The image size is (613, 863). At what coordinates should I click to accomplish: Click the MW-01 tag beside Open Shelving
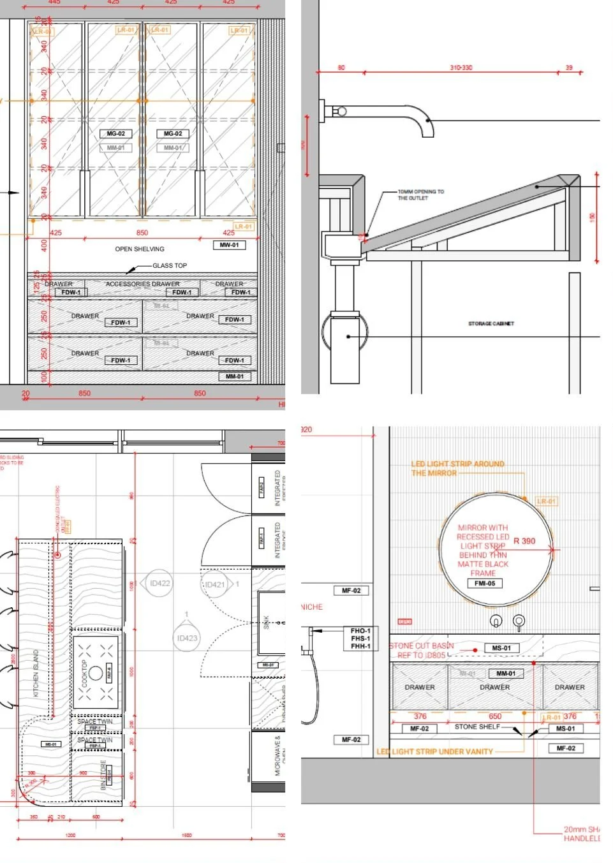(x=229, y=245)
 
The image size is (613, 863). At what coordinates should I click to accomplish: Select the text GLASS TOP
(x=170, y=265)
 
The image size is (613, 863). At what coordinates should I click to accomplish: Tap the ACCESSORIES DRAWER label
(x=142, y=284)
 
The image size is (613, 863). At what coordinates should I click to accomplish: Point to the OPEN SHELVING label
(x=140, y=249)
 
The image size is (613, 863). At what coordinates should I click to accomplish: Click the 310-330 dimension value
(x=461, y=68)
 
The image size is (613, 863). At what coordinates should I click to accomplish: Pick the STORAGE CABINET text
(x=491, y=323)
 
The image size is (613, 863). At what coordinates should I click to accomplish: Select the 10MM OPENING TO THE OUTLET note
(x=420, y=195)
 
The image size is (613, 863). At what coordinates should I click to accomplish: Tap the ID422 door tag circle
(x=159, y=583)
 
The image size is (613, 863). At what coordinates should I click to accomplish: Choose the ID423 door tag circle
(x=187, y=638)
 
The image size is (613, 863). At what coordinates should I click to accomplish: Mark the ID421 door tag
(x=214, y=584)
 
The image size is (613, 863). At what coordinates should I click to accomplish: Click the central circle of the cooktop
(x=96, y=672)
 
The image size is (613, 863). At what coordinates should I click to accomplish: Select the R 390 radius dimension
(x=524, y=541)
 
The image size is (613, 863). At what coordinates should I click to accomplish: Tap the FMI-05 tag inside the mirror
(x=484, y=583)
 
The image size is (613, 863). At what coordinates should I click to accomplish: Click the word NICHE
(x=312, y=607)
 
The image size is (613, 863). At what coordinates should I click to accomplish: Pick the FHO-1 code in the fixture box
(x=360, y=631)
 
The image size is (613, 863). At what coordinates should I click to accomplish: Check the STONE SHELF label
(x=477, y=727)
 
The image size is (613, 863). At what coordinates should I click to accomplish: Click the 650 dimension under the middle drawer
(x=495, y=716)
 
